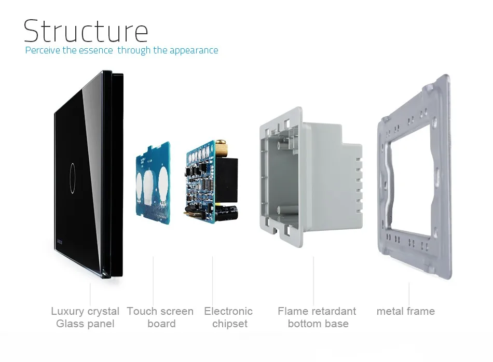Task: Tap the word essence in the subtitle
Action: pyautogui.click(x=95, y=50)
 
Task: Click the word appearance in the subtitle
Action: pyautogui.click(x=193, y=50)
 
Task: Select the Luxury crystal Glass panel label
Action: pyautogui.click(x=85, y=317)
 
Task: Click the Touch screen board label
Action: pyautogui.click(x=160, y=317)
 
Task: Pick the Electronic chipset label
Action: pyautogui.click(x=228, y=317)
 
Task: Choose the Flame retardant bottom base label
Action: pyautogui.click(x=317, y=317)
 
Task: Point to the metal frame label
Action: pyautogui.click(x=406, y=311)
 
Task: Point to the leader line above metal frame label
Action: pyautogui.click(x=409, y=294)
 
